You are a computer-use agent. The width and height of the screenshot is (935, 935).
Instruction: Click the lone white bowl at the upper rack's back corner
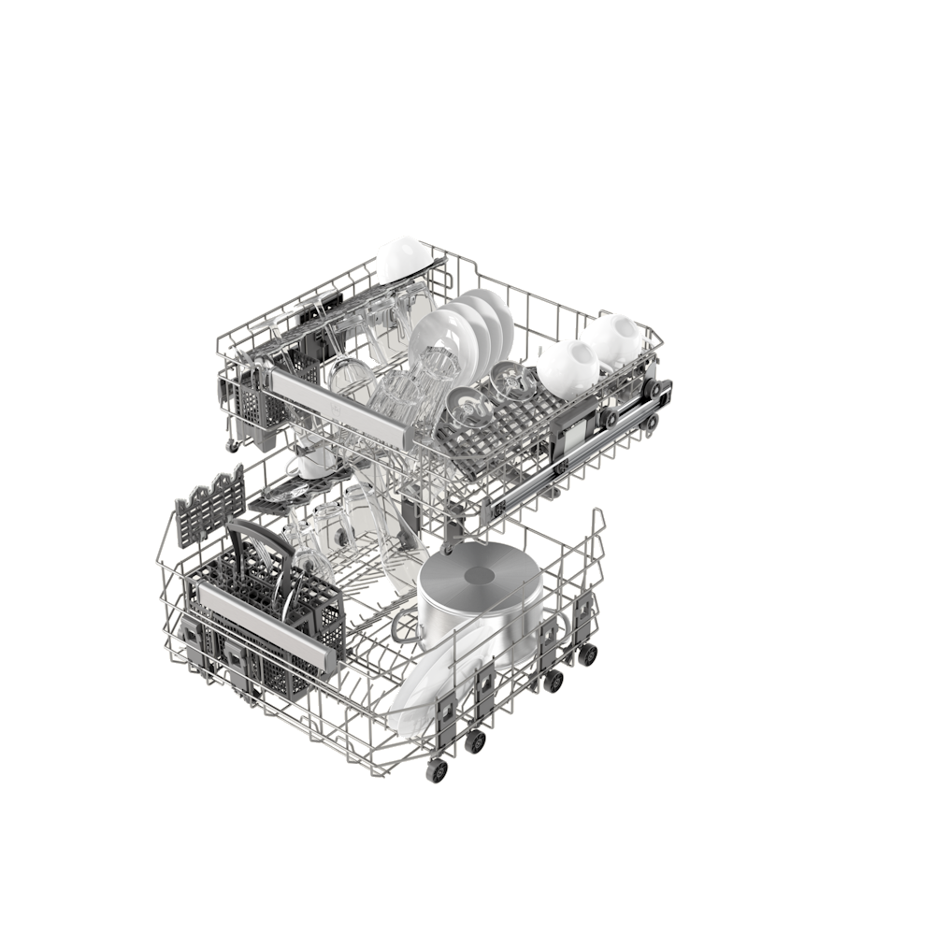[402, 259]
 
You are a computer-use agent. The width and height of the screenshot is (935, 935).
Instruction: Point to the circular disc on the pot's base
[482, 576]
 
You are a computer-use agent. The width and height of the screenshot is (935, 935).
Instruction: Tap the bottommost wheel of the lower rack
[438, 772]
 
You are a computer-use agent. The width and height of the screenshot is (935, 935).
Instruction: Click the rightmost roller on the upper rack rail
[662, 388]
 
